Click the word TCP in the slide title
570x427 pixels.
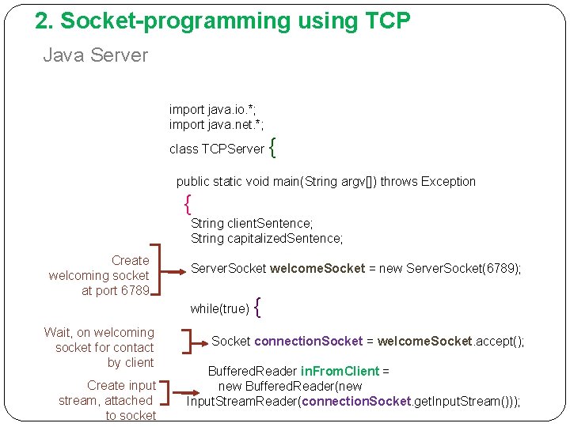pos(387,21)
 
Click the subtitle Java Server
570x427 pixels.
pos(95,55)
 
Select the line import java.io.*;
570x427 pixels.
pos(211,110)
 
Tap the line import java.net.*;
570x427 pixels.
pos(216,125)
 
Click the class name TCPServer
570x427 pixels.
pos(233,149)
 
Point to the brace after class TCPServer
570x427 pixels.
pos(273,147)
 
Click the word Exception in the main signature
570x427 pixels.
pos(448,181)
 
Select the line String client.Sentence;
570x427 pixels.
pos(252,224)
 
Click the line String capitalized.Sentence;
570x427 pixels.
pos(267,238)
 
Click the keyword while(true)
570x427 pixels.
pos(220,308)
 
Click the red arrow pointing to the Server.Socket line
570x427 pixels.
pos(170,270)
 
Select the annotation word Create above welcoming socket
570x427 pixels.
pos(130,260)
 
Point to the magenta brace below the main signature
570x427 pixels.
pos(187,205)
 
